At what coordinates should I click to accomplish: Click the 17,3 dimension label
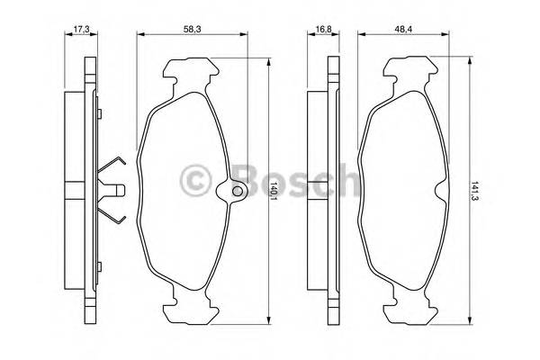[82, 29]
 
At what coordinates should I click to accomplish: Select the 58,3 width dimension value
[192, 29]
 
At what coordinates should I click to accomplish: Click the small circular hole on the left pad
[238, 191]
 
